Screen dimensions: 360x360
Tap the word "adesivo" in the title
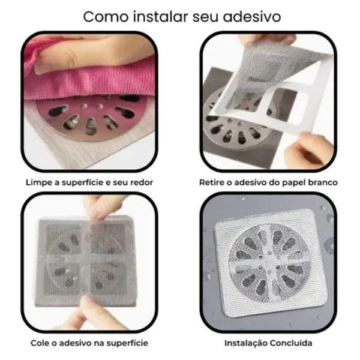[252, 17]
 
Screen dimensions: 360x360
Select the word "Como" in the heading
[106, 17]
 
